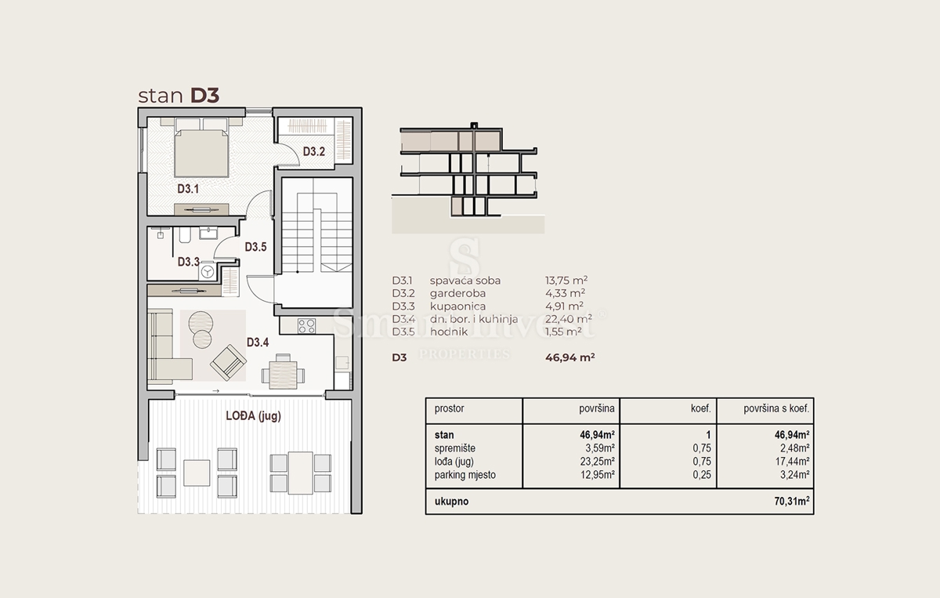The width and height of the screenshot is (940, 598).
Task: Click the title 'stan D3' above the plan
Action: click(x=179, y=96)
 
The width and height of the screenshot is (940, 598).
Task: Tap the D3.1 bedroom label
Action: click(x=188, y=189)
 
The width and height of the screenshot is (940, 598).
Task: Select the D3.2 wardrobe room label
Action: click(x=314, y=151)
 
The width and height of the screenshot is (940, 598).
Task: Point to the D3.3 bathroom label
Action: click(x=189, y=262)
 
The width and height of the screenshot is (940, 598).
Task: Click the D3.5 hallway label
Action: click(x=255, y=247)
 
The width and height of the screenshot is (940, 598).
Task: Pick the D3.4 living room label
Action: click(x=258, y=342)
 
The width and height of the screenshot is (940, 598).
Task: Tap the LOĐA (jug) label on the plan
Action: click(x=254, y=415)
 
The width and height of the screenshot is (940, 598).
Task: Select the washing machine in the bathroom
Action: click(x=207, y=272)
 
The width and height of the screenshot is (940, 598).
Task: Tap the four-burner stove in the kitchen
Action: click(x=306, y=326)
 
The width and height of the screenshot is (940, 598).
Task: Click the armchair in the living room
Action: click(x=228, y=362)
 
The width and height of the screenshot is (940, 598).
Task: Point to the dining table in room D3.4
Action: click(x=284, y=372)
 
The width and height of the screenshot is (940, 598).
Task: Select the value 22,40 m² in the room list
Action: click(x=569, y=319)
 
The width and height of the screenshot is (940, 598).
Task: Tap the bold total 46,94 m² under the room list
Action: click(x=570, y=357)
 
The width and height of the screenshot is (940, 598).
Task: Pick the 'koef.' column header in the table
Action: click(x=701, y=408)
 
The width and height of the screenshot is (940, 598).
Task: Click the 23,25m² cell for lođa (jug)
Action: click(x=597, y=462)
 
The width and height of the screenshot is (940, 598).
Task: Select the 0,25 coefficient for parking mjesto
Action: click(x=702, y=475)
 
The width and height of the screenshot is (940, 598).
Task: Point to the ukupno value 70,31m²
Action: click(x=792, y=501)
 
